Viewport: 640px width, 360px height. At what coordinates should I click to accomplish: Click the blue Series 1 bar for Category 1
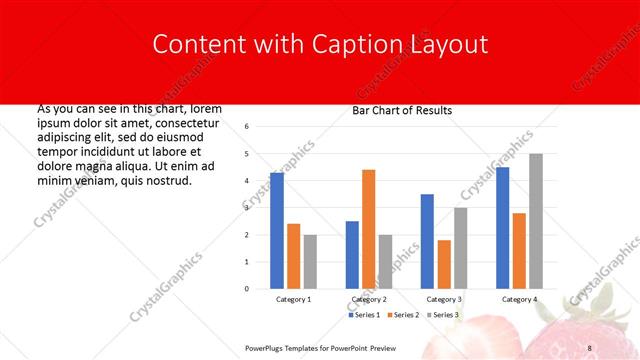coord(277,231)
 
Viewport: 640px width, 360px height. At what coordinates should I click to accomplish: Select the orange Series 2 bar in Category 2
coord(368,229)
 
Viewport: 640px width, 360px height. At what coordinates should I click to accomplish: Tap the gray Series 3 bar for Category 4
coord(536,221)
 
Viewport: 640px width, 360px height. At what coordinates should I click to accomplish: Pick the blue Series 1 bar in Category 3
coord(427,241)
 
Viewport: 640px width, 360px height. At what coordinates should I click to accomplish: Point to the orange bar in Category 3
coord(444,264)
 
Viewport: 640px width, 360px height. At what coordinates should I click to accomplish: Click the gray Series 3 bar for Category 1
coord(310,262)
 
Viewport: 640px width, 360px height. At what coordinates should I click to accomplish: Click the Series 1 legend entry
coord(365,315)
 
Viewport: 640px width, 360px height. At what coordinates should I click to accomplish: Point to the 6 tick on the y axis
coord(247,127)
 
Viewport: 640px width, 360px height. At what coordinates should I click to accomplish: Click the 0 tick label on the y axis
coord(247,289)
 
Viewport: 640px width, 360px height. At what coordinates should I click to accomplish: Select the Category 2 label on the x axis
coord(368,299)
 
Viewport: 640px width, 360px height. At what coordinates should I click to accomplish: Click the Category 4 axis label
coord(519,299)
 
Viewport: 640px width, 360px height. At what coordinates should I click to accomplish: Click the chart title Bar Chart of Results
coord(402,111)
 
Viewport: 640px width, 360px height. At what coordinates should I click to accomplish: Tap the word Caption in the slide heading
coord(354,44)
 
